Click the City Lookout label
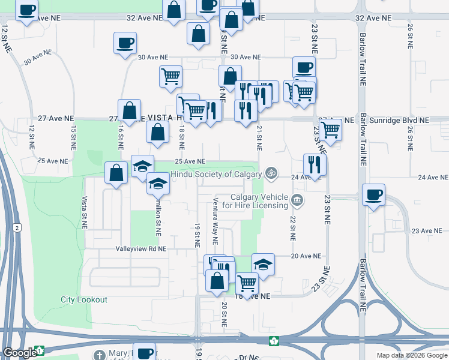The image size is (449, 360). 84,299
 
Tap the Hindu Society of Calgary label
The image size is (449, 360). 216,175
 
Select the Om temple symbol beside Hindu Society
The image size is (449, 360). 271,173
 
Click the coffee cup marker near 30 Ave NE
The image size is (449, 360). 125,43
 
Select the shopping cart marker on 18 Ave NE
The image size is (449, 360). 247,282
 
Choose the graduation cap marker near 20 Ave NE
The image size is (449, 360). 263,263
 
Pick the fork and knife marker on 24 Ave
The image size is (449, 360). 315,164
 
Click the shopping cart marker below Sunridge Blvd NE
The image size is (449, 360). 330,128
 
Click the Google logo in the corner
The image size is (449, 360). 19,353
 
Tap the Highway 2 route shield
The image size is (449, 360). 18,228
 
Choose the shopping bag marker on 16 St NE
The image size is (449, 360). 129,110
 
